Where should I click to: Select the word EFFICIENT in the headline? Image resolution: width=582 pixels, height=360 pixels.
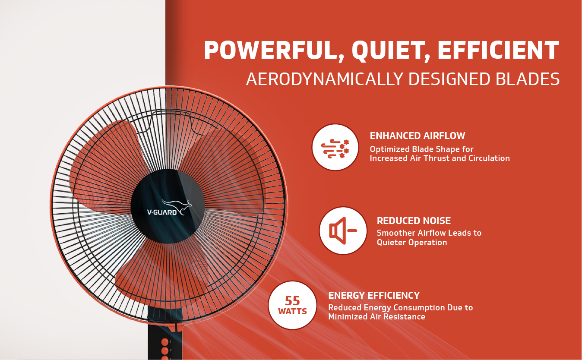pyautogui.click(x=498, y=50)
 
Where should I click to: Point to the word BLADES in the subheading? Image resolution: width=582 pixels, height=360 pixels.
pyautogui.click(x=528, y=79)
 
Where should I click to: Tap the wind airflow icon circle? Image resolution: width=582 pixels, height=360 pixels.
pyautogui.click(x=335, y=147)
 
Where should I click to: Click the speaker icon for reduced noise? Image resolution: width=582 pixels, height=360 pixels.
pyautogui.click(x=343, y=231)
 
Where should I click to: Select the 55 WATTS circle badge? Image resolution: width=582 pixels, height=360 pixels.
pyautogui.click(x=292, y=305)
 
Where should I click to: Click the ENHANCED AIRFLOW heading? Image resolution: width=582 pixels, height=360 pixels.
pyautogui.click(x=417, y=136)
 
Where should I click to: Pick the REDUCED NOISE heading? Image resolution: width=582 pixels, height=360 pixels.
pyautogui.click(x=414, y=221)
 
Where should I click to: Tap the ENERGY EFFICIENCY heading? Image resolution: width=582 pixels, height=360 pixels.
pyautogui.click(x=374, y=295)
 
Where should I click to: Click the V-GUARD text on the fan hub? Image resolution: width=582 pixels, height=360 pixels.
pyautogui.click(x=162, y=212)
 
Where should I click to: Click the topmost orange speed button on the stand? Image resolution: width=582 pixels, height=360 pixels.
pyautogui.click(x=165, y=342)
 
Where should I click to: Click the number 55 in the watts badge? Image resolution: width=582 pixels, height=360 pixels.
pyautogui.click(x=292, y=301)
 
